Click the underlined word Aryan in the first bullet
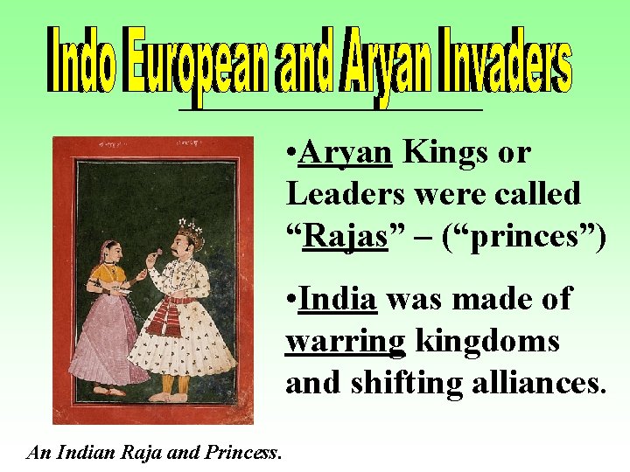tap(345, 153)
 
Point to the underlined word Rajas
tap(344, 234)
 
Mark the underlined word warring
tap(346, 340)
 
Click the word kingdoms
tap(487, 340)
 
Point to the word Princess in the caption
tap(241, 453)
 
